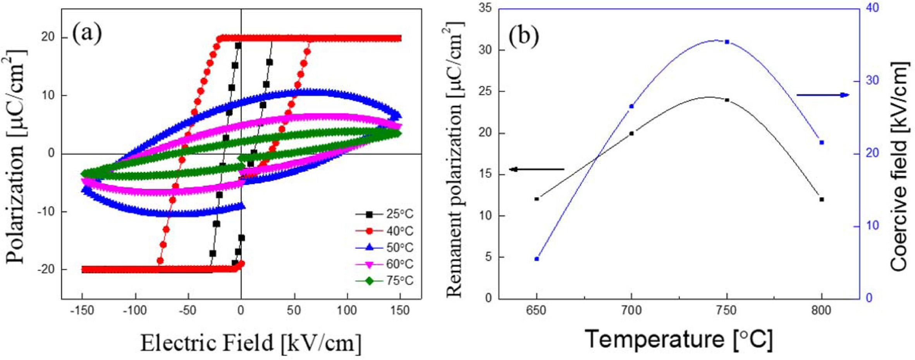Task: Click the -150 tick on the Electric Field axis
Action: coord(82,311)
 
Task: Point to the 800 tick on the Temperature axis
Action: coord(821,311)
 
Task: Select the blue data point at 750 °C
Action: coord(727,42)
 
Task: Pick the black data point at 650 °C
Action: coord(537,199)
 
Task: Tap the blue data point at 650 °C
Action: coord(537,259)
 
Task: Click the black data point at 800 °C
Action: coord(822,200)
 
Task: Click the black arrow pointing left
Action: coord(537,169)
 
